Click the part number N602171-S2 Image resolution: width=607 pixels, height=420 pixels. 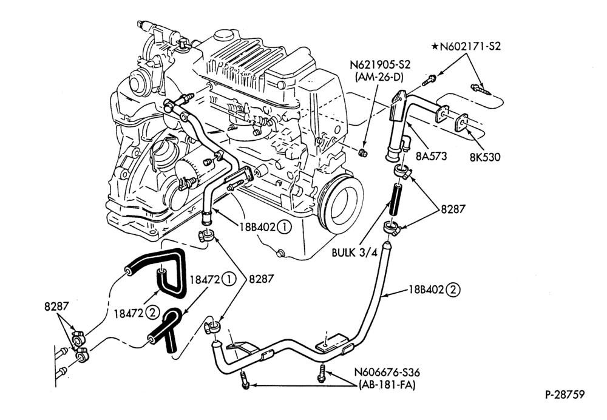(x=470, y=47)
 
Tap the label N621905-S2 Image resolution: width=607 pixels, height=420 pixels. (x=380, y=65)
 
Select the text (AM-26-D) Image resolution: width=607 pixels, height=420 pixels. (x=379, y=78)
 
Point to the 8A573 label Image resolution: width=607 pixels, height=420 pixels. (x=431, y=156)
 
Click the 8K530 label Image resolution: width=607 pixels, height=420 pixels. (x=485, y=157)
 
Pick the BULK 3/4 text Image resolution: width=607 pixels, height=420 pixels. (x=354, y=252)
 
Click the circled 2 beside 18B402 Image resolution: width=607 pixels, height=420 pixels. (x=453, y=290)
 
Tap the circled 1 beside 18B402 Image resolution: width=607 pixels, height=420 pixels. (x=284, y=227)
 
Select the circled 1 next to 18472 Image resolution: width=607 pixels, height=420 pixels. (x=229, y=279)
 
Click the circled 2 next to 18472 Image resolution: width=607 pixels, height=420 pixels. (x=153, y=313)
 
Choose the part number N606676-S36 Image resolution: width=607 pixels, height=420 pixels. (x=387, y=373)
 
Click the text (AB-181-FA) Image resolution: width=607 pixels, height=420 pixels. (x=387, y=385)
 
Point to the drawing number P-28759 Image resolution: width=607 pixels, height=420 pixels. (x=565, y=395)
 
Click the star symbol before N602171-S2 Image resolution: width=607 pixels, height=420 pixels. (x=435, y=47)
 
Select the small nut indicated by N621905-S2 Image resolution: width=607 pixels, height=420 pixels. (x=363, y=152)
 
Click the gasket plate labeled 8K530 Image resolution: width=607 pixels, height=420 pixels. (x=462, y=123)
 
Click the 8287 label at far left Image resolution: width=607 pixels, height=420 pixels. (x=56, y=306)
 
